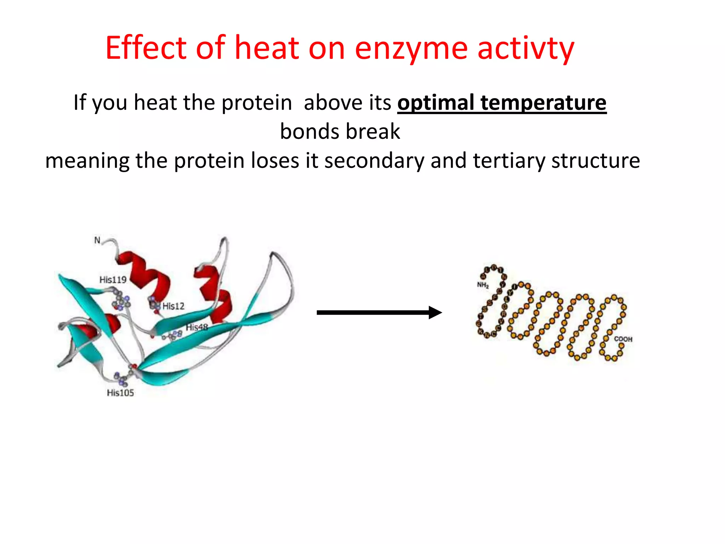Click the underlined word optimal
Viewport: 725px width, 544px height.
point(435,103)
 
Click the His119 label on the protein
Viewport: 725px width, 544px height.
point(113,280)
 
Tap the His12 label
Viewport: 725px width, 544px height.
point(173,306)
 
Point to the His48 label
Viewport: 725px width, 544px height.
point(197,327)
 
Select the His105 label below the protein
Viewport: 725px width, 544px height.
point(120,393)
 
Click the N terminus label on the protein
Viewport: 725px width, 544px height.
point(97,240)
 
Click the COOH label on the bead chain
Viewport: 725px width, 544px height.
point(623,339)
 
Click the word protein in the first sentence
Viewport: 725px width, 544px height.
point(257,103)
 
